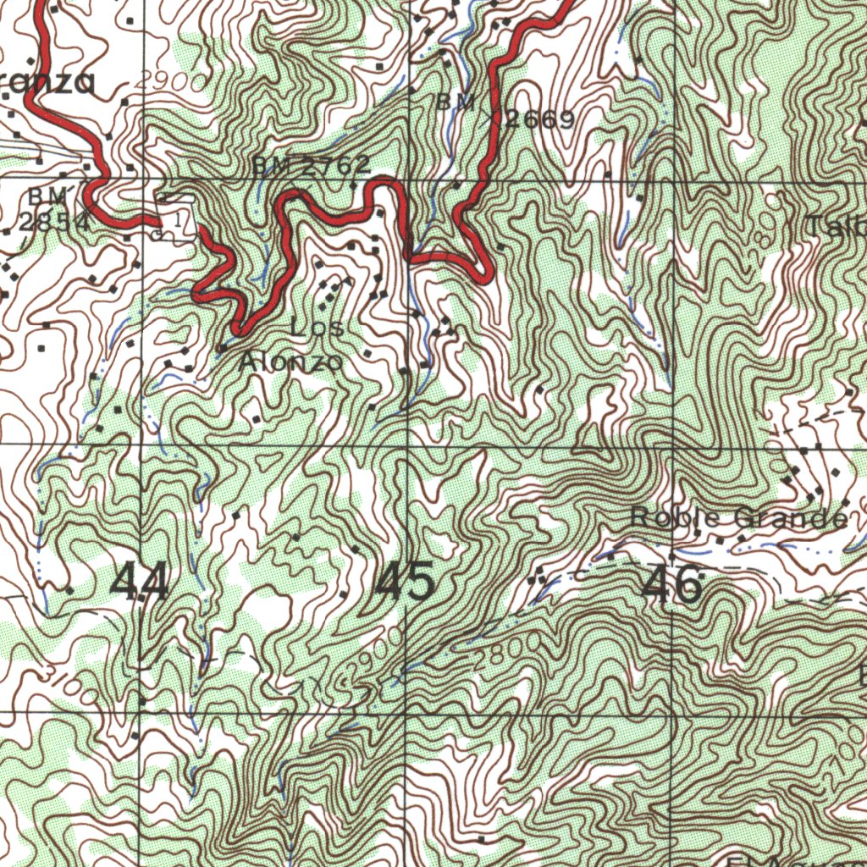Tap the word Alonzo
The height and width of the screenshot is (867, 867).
point(292,362)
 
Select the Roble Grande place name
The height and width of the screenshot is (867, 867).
point(739,517)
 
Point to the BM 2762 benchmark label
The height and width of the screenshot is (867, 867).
point(311,166)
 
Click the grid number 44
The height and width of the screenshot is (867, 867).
point(140,583)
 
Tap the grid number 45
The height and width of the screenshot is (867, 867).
point(406,583)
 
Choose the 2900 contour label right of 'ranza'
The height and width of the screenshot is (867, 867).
point(169,81)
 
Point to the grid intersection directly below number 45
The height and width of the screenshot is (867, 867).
point(407,712)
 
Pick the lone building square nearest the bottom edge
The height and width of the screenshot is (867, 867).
point(481,839)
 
